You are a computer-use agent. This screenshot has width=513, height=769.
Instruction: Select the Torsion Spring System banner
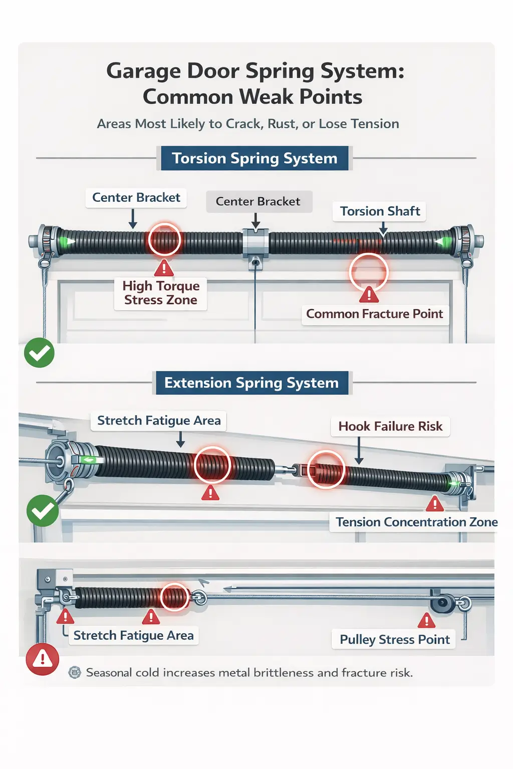point(254,158)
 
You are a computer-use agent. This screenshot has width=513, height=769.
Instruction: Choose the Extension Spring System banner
point(251,383)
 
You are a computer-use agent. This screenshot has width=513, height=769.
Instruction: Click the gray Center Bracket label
point(258,201)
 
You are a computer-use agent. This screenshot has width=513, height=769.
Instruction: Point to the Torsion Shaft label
point(380,211)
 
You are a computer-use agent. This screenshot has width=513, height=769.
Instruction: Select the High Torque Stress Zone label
point(161,293)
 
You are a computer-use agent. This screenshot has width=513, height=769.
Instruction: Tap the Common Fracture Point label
point(374,314)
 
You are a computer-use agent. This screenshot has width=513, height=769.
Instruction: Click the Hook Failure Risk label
point(390,427)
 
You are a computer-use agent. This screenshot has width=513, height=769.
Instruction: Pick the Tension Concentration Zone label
point(416,522)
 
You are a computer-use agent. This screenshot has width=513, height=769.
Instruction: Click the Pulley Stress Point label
point(394,639)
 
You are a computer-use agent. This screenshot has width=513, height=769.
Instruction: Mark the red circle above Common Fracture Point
point(369,272)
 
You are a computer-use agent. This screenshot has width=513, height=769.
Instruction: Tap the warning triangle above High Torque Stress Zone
point(164,269)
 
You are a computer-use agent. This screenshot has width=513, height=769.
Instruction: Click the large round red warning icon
point(43,659)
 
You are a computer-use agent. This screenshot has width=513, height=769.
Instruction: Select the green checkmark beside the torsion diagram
point(39,353)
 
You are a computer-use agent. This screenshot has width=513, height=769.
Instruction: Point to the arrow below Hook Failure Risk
point(359,451)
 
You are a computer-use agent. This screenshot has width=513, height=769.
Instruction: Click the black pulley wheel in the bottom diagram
point(443,603)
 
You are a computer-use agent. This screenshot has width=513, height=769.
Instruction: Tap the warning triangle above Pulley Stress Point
point(426,621)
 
